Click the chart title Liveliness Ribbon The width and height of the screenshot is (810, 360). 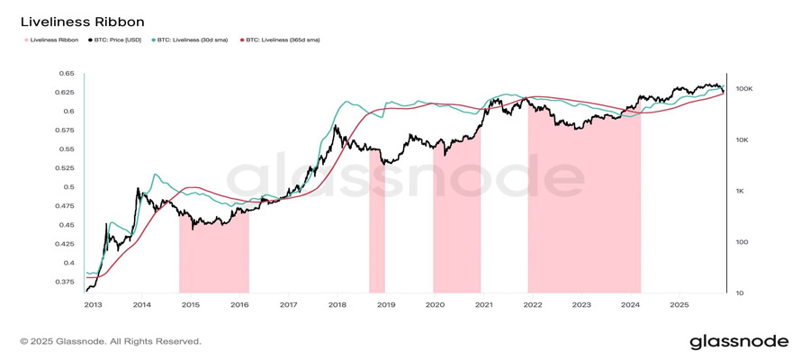pos(82,22)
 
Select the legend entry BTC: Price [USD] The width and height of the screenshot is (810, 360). pos(117,40)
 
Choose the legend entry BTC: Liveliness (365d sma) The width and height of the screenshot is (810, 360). pos(282,40)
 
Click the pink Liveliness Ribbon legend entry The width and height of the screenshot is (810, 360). pos(51,40)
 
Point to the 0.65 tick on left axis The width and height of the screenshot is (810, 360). pos(67,74)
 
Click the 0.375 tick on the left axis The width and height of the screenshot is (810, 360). pos(64,282)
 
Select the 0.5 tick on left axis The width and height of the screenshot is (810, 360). pos(68,187)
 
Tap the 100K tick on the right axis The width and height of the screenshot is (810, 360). pos(743,89)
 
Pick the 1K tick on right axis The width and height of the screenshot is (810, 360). pos(741,191)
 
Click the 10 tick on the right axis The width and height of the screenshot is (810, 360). pos(739,292)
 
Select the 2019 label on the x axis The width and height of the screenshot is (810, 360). pos(386,305)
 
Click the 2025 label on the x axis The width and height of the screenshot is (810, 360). pos(680,305)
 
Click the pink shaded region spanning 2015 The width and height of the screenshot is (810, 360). pos(213,256)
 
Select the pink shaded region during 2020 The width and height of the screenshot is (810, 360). pos(456,225)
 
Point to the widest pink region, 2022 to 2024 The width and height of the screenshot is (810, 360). pos(584,216)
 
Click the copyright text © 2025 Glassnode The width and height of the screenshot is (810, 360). pos(111,342)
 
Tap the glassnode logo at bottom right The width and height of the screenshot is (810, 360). pos(739,342)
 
